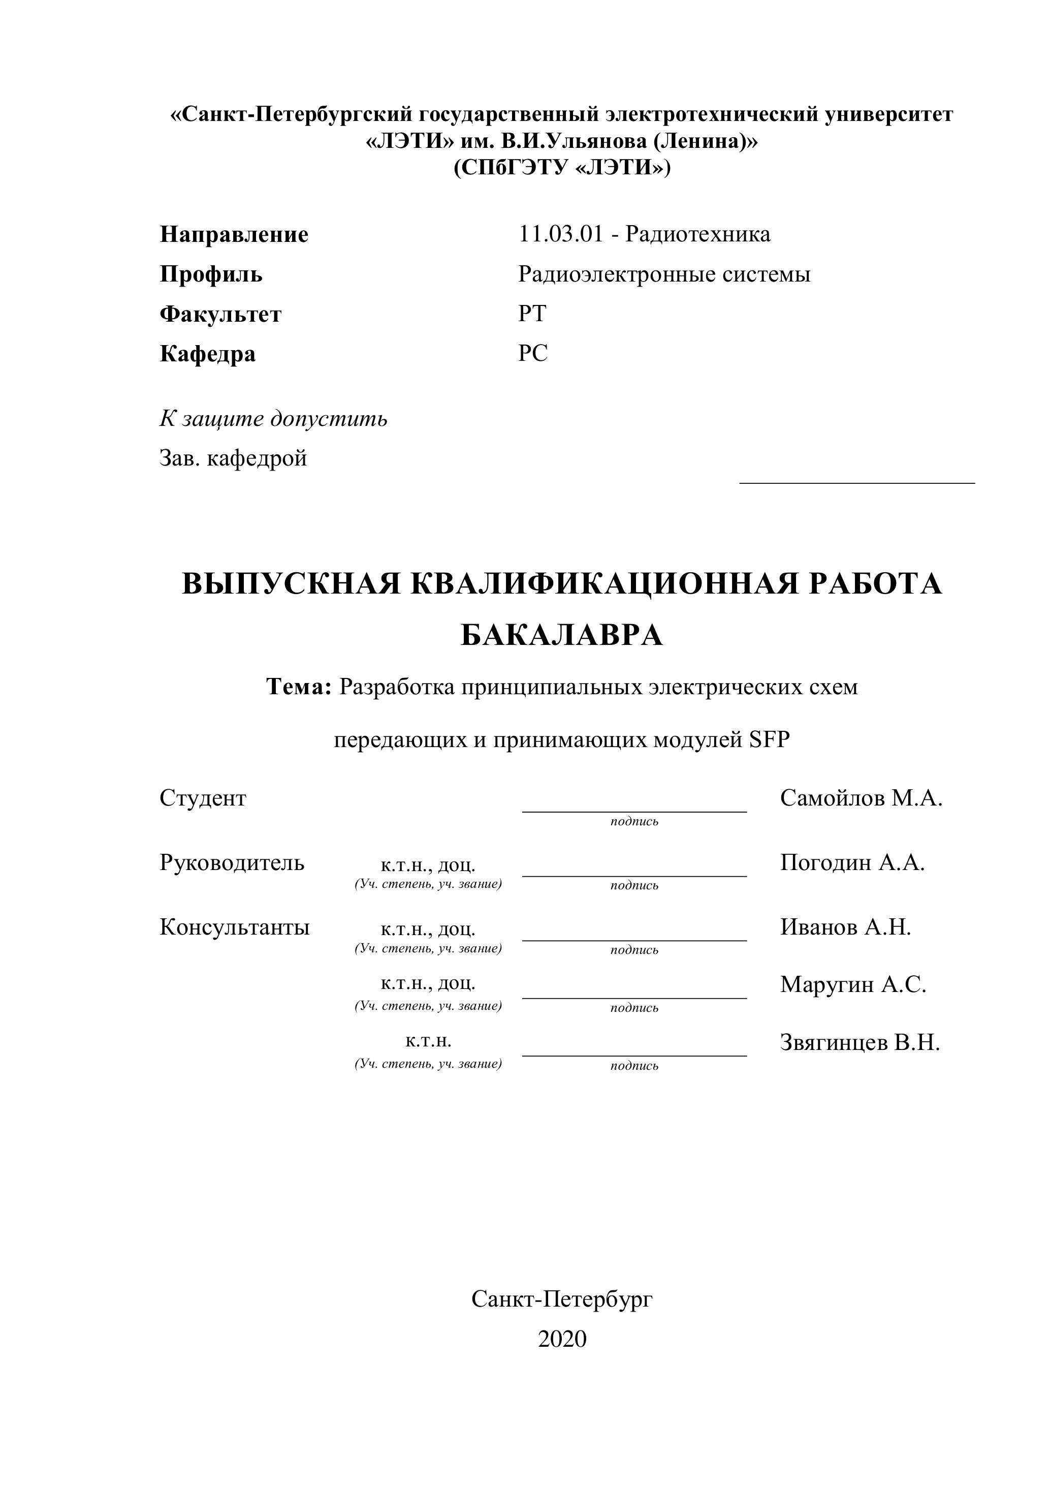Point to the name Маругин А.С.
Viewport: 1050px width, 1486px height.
coord(853,984)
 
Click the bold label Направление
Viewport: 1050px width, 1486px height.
coord(234,234)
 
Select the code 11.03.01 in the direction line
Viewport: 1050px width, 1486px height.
coord(560,234)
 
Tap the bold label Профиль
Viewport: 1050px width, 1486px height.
coord(211,274)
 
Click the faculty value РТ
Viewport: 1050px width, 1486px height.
coord(532,314)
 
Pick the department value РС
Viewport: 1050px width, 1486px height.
coord(532,353)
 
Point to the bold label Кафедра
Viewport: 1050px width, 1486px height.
coord(207,354)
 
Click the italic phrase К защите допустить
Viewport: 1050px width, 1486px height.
coord(273,419)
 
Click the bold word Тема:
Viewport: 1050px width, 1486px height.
coord(299,687)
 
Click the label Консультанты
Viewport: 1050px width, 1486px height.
coord(234,927)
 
